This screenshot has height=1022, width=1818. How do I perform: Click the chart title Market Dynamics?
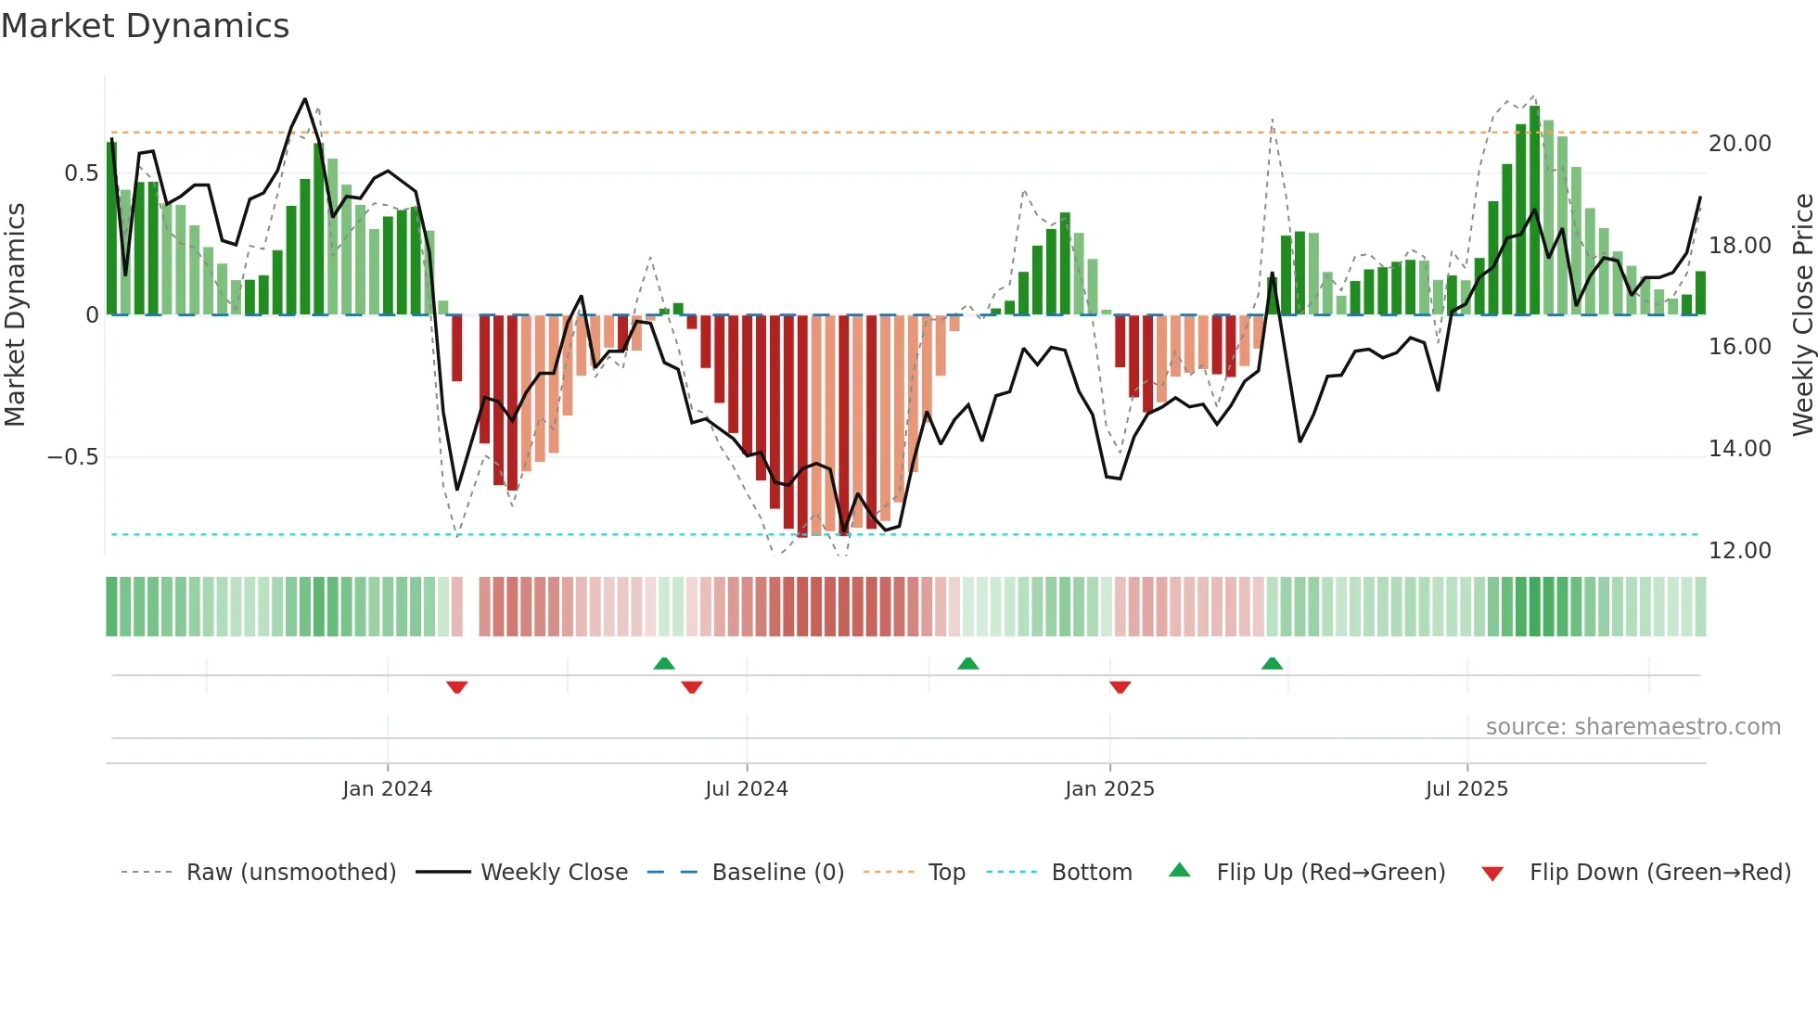[146, 26]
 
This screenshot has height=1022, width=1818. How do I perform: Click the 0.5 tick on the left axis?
[81, 173]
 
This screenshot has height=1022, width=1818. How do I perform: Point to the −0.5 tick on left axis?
[72, 457]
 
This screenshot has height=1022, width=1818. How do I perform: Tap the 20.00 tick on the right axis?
[1739, 144]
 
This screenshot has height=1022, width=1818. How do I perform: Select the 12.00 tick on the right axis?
[1739, 551]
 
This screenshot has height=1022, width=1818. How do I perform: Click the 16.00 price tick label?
[1739, 347]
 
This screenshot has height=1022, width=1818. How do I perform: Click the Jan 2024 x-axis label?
[387, 789]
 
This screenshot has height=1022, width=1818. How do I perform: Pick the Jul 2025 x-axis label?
[1466, 789]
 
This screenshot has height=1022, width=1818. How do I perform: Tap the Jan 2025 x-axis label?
[1109, 789]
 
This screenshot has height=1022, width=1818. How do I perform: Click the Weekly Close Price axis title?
[1802, 315]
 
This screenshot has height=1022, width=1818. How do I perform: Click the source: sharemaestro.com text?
[1632, 727]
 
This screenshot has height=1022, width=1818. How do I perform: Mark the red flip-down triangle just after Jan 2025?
[1120, 687]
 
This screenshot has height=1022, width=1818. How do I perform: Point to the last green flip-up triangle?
[1272, 663]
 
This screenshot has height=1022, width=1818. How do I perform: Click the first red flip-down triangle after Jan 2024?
[456, 687]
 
